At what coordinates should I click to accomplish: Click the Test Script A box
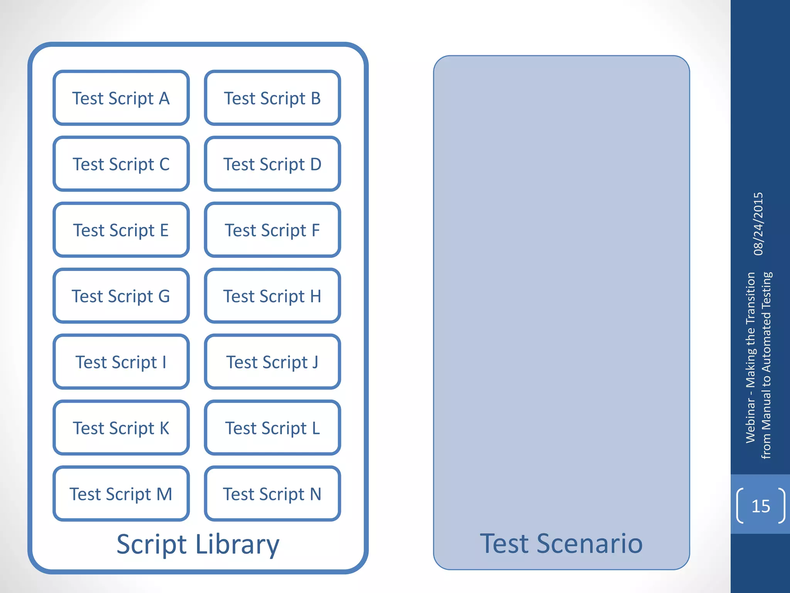tap(121, 98)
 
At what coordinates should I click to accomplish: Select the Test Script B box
tap(272, 98)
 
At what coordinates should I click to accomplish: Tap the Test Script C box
tap(121, 164)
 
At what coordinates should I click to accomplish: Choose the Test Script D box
tap(272, 164)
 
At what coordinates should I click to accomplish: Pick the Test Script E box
tap(121, 230)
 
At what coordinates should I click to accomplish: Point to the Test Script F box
tap(272, 230)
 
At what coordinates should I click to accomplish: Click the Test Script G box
tap(121, 296)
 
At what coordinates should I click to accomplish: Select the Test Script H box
tap(272, 296)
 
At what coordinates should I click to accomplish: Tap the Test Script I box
tap(121, 362)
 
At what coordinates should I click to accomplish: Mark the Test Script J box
tap(272, 362)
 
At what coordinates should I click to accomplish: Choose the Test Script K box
tap(121, 428)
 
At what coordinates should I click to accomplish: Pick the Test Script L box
tap(272, 428)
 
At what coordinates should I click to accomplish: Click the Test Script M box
tap(121, 494)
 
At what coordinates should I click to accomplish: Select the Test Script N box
tap(272, 494)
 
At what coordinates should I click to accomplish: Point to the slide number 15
tap(761, 506)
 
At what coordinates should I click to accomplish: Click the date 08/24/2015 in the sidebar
tap(758, 224)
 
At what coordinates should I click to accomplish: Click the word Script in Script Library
tap(152, 545)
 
